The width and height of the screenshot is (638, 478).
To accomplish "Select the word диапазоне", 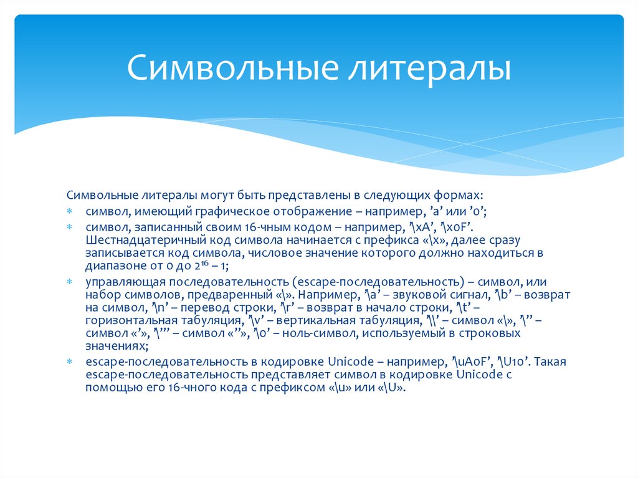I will (x=113, y=267).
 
